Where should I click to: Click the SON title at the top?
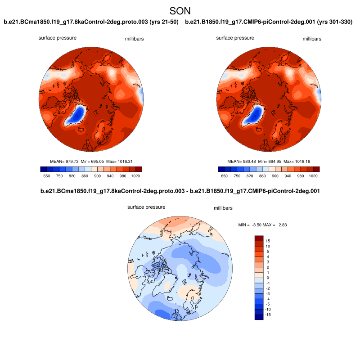[x=180, y=10]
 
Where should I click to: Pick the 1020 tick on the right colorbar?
[x=313, y=177]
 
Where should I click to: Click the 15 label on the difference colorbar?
[x=268, y=241]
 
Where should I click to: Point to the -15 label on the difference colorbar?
[x=268, y=315]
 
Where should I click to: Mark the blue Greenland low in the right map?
[x=255, y=114]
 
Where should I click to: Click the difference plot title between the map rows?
[x=180, y=191]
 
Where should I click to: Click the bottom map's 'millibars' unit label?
[x=223, y=209]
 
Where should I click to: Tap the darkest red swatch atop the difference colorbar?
[x=259, y=238]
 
